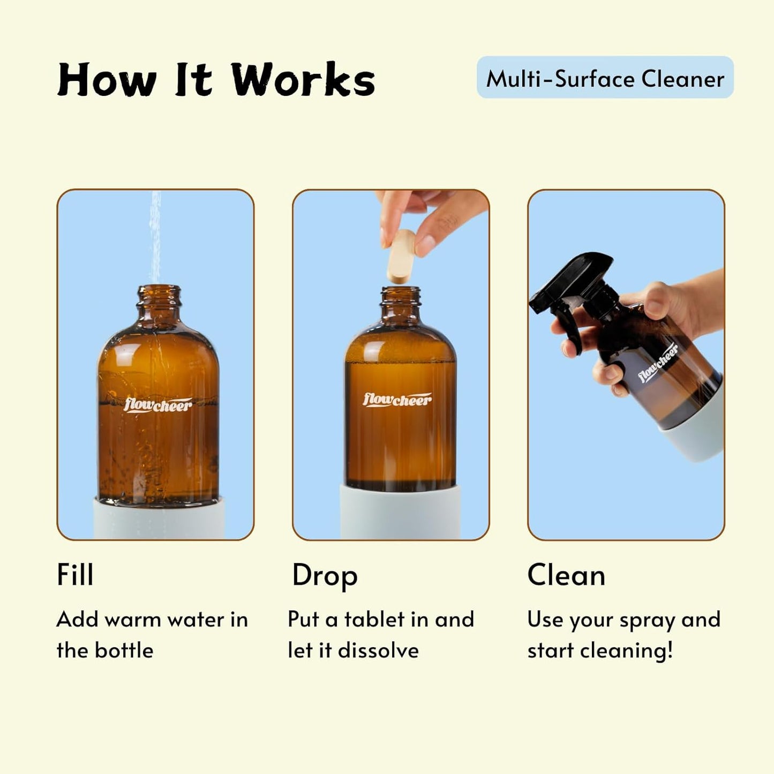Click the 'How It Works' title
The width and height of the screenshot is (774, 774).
[216, 80]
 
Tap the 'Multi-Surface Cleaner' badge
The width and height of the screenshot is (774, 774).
[605, 78]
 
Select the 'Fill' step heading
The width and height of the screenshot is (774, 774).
[75, 575]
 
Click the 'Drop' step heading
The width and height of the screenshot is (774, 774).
[325, 576]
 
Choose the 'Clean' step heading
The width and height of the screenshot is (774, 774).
[566, 575]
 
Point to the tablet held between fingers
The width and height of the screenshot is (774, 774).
[401, 256]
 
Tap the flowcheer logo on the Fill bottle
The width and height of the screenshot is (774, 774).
[157, 404]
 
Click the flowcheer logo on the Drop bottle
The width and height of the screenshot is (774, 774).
[397, 400]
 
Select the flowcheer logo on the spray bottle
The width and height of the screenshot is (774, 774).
[658, 363]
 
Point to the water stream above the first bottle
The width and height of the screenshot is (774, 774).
[155, 236]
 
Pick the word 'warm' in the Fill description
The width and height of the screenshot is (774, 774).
[132, 620]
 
